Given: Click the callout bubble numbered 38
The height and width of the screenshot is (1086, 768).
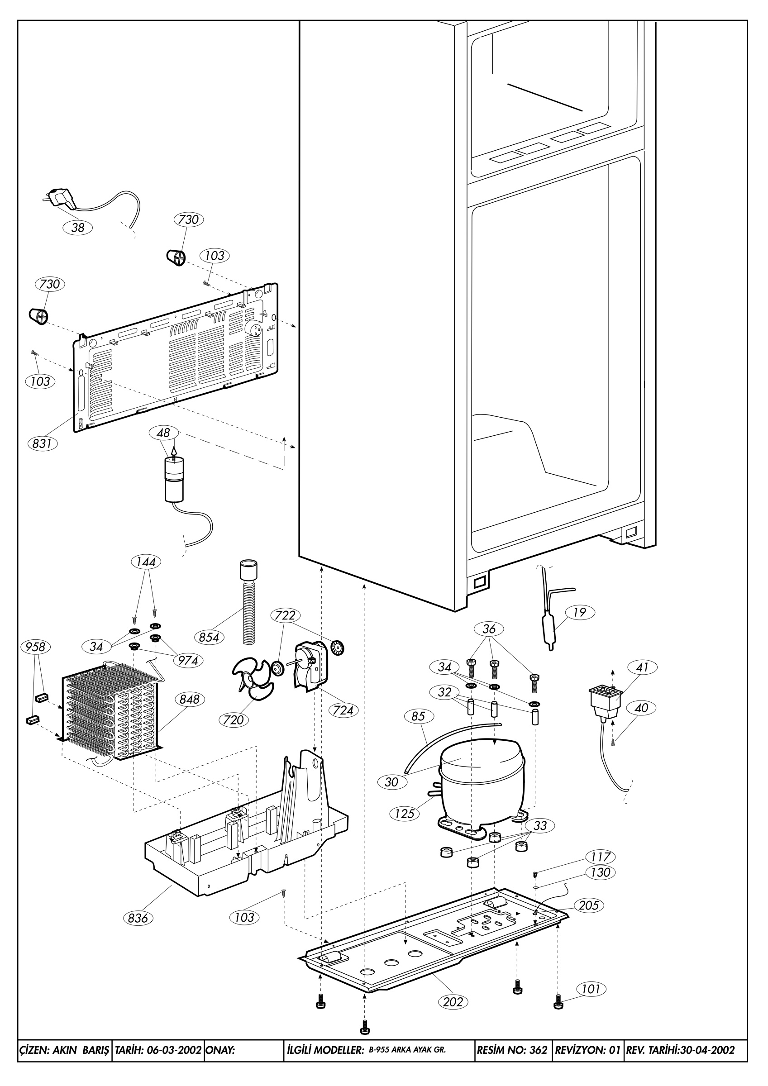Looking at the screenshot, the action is point(77,228).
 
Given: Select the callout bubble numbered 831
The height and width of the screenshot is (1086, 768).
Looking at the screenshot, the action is point(42,443).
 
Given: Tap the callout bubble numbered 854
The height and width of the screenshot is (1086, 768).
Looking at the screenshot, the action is point(209,637).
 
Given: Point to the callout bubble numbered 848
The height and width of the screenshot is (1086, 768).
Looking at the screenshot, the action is point(190,699).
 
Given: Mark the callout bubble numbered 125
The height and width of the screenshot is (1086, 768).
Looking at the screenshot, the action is point(405,814).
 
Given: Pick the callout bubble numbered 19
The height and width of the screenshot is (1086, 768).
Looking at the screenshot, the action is point(580,612).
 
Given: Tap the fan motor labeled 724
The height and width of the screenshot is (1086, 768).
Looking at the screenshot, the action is point(308,666).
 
